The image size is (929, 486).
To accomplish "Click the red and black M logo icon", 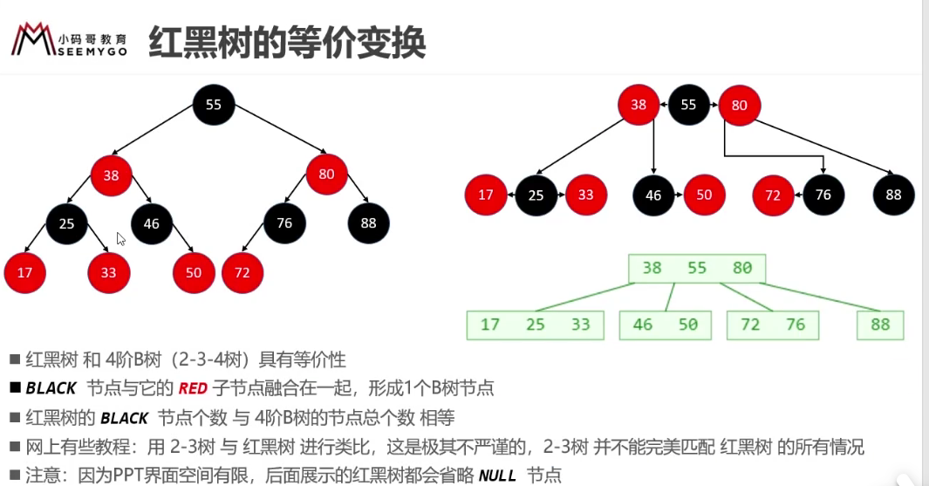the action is pyautogui.click(x=32, y=39).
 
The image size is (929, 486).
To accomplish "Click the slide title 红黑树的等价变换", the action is pyautogui.click(x=287, y=42).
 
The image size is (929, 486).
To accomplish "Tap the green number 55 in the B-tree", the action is pyautogui.click(x=697, y=268).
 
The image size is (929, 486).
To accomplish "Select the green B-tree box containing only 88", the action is pyautogui.click(x=880, y=325).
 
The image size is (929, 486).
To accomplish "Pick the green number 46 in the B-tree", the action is pyautogui.click(x=642, y=325).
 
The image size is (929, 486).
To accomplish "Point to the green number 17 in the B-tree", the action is pyautogui.click(x=489, y=325).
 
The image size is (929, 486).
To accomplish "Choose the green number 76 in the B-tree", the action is pyautogui.click(x=795, y=325).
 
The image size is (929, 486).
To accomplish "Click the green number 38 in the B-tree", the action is pyautogui.click(x=652, y=268).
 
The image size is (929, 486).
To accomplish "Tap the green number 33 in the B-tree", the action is pyautogui.click(x=580, y=325).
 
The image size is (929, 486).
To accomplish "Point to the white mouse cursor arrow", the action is pyautogui.click(x=120, y=238).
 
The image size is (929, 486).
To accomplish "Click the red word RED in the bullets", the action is pyautogui.click(x=193, y=389).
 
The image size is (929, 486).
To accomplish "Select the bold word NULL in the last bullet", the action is pyautogui.click(x=497, y=476).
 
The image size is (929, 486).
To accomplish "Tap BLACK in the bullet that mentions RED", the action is pyautogui.click(x=51, y=389).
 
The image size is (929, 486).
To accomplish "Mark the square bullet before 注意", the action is pyautogui.click(x=15, y=476).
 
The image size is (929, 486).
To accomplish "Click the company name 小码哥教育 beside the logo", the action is pyautogui.click(x=92, y=39).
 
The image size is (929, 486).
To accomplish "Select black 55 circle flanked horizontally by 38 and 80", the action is pyautogui.click(x=688, y=105).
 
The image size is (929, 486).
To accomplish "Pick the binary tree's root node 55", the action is pyautogui.click(x=214, y=105).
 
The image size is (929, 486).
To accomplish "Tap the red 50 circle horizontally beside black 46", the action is pyautogui.click(x=704, y=195).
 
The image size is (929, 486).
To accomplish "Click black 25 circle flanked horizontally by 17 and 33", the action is pyautogui.click(x=536, y=195).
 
